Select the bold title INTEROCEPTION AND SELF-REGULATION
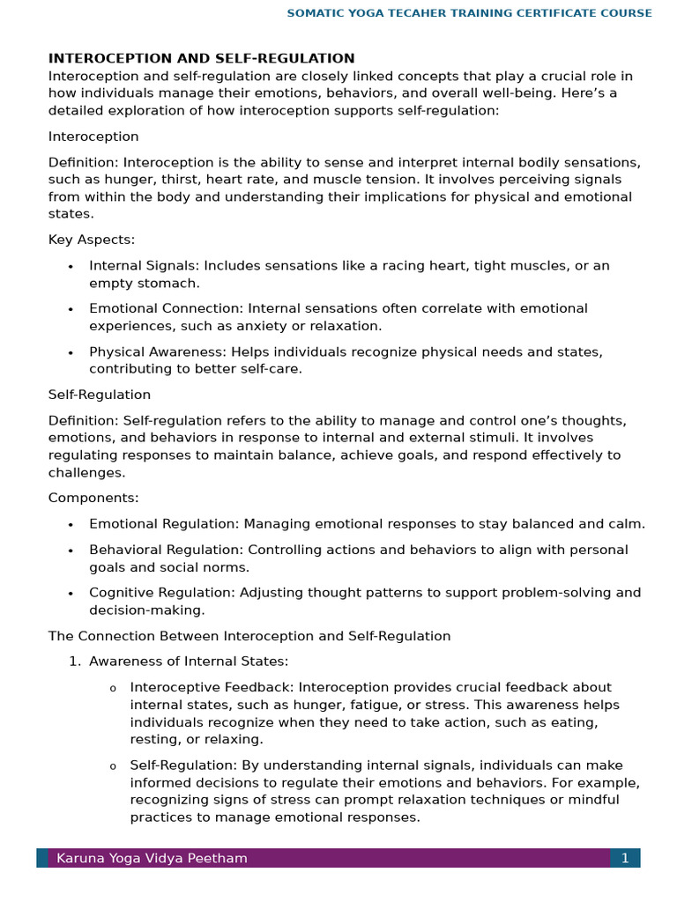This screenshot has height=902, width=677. pyautogui.click(x=201, y=59)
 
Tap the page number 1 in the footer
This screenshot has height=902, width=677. pyautogui.click(x=624, y=858)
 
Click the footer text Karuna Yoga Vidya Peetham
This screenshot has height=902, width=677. pyautogui.click(x=152, y=858)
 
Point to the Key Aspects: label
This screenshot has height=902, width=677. pyautogui.click(x=92, y=240)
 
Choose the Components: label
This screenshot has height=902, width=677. pyautogui.click(x=93, y=498)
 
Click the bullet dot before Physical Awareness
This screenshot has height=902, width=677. pyautogui.click(x=71, y=352)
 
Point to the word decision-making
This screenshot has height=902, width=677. pyautogui.click(x=146, y=610)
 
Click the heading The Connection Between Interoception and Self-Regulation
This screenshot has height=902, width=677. pyautogui.click(x=249, y=636)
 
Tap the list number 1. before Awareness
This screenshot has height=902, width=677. pyautogui.click(x=75, y=662)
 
